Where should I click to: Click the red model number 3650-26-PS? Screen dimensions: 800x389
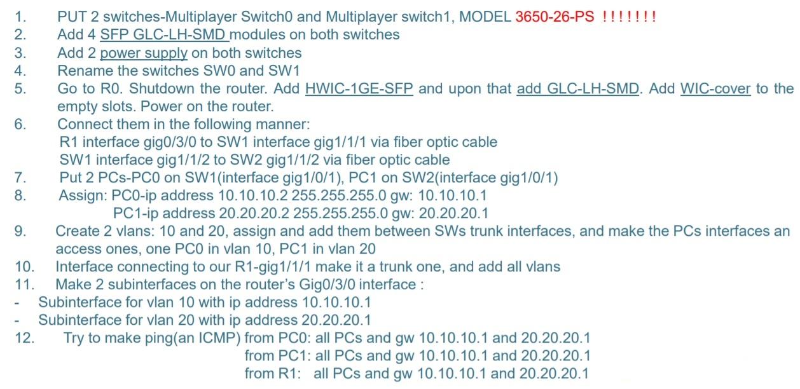(x=554, y=17)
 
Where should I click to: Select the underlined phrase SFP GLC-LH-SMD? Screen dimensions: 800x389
(x=164, y=34)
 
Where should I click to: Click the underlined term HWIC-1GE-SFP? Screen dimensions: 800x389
(x=359, y=88)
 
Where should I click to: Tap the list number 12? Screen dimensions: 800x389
(x=24, y=338)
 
